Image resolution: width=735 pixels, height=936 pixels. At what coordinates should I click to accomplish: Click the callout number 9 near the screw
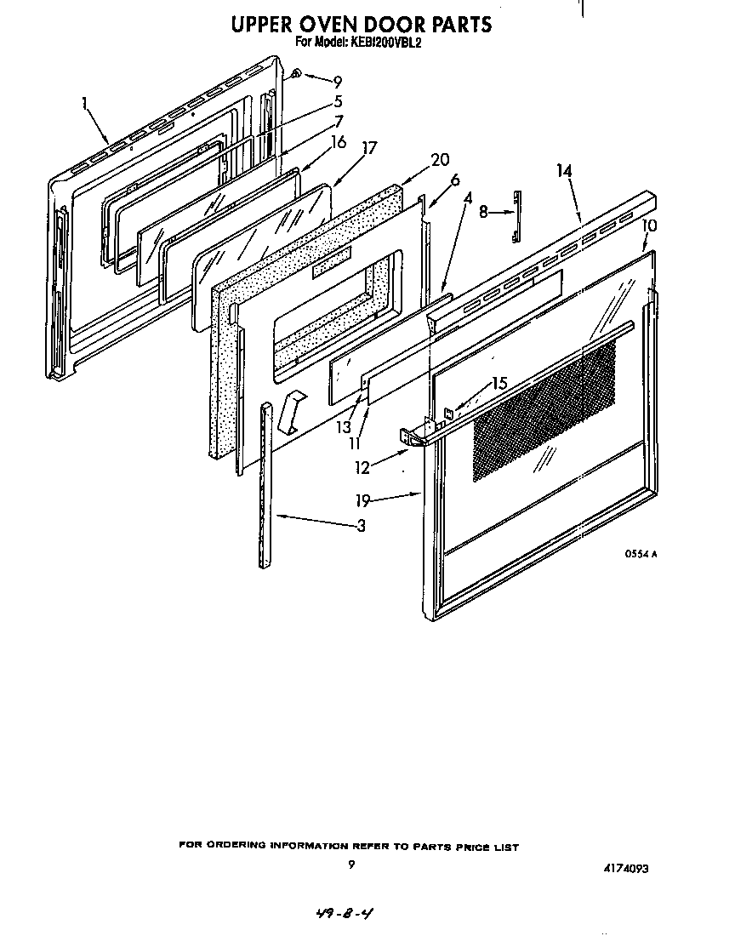[x=337, y=82]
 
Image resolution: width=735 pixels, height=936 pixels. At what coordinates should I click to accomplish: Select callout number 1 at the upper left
[x=85, y=103]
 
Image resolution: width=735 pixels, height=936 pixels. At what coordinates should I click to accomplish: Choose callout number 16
[x=339, y=141]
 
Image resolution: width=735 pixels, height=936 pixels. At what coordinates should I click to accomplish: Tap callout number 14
[x=564, y=171]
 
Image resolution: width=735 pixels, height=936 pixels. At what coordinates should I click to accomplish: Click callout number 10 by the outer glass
[x=649, y=225]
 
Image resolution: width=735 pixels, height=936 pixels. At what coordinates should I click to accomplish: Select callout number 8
[x=483, y=213]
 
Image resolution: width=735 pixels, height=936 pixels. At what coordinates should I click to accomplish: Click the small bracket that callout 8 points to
[x=516, y=214]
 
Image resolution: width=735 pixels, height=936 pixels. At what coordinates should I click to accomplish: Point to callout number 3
[x=361, y=526]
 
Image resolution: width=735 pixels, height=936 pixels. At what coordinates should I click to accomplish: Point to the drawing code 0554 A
[x=641, y=554]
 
